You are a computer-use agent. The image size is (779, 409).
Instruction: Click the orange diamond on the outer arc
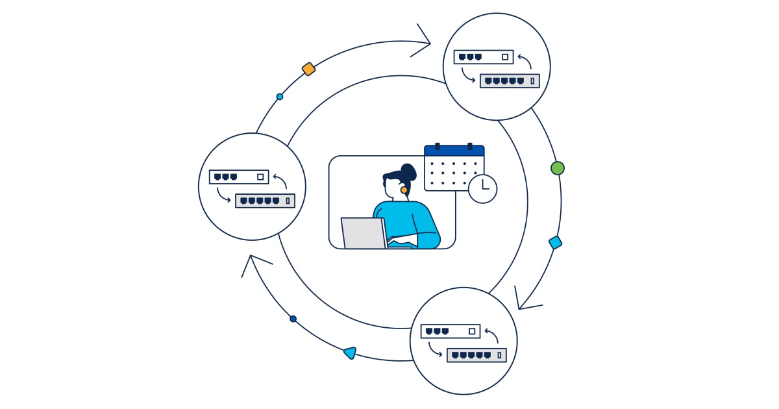coord(308,69)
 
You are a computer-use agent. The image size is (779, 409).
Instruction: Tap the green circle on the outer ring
coord(557,168)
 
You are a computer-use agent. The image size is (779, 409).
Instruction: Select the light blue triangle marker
coord(350,353)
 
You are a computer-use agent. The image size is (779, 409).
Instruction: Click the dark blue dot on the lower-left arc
coord(293,319)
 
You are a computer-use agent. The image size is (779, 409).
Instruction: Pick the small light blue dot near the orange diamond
coord(280,97)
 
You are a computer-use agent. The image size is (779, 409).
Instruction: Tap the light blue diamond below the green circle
coord(555,243)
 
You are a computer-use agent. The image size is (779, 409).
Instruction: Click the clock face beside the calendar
coord(482,189)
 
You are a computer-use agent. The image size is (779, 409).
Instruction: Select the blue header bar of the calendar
coord(454,151)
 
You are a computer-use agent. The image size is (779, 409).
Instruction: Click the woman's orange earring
coord(404,190)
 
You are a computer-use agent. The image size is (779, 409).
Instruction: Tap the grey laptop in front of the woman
coord(364,233)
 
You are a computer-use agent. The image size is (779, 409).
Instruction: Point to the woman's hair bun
coord(408,171)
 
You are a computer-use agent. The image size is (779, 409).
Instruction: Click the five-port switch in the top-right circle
coord(510,81)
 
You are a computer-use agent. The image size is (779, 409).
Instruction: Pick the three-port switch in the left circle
coord(239,177)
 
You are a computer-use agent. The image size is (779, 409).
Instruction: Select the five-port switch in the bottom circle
coord(476,355)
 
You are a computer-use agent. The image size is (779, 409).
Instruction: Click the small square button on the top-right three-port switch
coord(505,57)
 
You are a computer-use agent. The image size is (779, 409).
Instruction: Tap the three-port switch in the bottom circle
coord(451,331)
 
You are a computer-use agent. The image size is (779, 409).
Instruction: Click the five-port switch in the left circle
coord(265,201)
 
